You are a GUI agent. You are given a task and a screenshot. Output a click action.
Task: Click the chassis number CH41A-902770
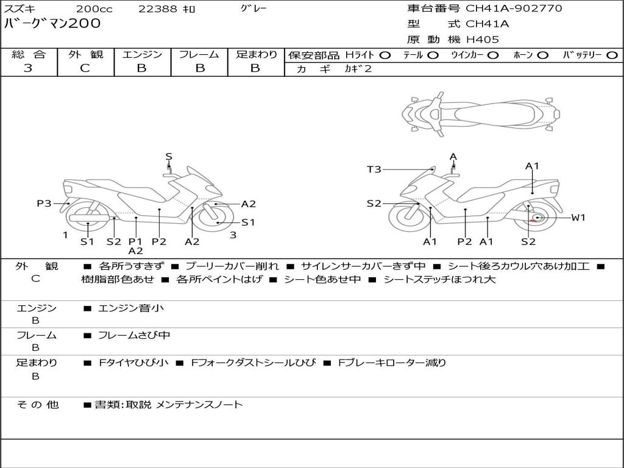[x=514, y=9]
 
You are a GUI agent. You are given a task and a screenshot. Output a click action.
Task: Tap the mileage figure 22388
[x=158, y=9]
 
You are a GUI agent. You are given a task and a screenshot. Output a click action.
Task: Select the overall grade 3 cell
[x=28, y=68]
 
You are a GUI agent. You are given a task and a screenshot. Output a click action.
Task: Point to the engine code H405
[x=482, y=40]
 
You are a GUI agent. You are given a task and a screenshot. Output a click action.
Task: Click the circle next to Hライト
[x=385, y=55]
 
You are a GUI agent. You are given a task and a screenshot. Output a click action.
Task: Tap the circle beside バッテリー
[x=612, y=55]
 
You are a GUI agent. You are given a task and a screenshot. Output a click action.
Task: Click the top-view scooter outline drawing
[x=480, y=113]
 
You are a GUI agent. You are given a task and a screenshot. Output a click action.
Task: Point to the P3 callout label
[x=44, y=204]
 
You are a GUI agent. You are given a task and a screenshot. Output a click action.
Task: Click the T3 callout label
[x=374, y=169]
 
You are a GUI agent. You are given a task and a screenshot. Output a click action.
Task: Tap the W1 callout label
[x=578, y=218]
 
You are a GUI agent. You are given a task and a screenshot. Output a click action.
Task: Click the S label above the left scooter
[x=169, y=157]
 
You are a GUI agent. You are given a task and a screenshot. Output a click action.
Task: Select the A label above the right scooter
[x=453, y=157]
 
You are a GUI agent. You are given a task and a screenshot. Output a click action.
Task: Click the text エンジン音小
[x=131, y=308]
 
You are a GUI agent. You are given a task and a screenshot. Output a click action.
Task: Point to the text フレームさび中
[x=134, y=335]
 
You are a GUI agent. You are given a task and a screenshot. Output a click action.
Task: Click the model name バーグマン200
[x=52, y=24]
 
